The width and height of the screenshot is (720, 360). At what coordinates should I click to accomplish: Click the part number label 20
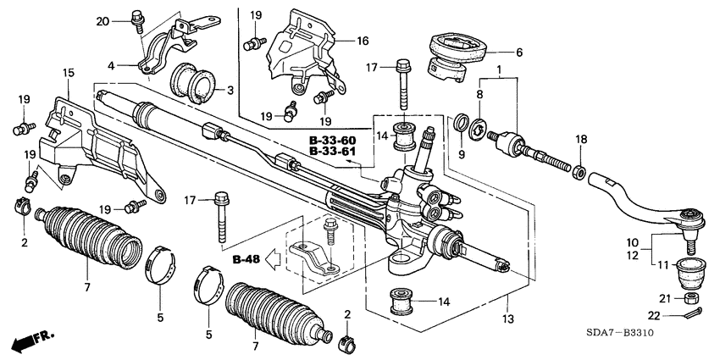click(x=102, y=20)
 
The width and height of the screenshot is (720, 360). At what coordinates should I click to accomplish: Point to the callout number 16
click(x=362, y=40)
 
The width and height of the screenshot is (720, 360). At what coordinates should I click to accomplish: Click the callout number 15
click(x=69, y=75)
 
